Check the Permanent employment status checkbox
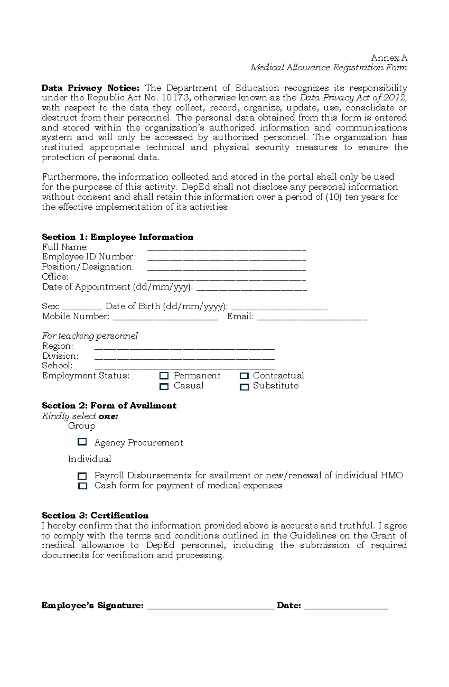coord(164,376)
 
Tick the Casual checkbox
coord(164,386)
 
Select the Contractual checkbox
coord(244,376)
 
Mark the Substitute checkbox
coord(244,387)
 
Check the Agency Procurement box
coord(82,442)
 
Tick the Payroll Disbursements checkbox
coord(82,476)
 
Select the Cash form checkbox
coord(82,486)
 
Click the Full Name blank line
coord(226,249)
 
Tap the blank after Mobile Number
coord(165,319)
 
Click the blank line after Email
coord(312,319)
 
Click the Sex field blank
coord(82,308)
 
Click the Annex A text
coord(389,58)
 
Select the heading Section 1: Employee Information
coord(117,237)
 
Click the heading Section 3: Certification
coord(95,515)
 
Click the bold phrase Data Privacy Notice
coord(90,88)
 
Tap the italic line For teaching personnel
coord(90,336)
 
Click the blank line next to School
coord(184,367)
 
